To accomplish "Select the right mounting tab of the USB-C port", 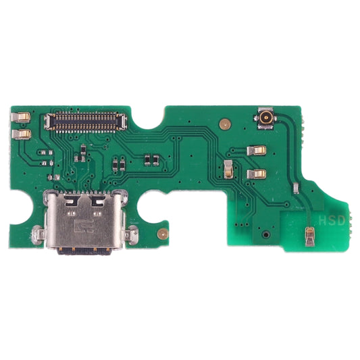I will click(132, 234).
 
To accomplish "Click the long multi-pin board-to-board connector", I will click(84, 122).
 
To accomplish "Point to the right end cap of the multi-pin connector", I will click(120, 122).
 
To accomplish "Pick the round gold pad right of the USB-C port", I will click(162, 234).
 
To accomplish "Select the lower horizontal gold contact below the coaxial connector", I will click(256, 174).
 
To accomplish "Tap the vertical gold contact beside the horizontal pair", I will click(228, 169).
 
